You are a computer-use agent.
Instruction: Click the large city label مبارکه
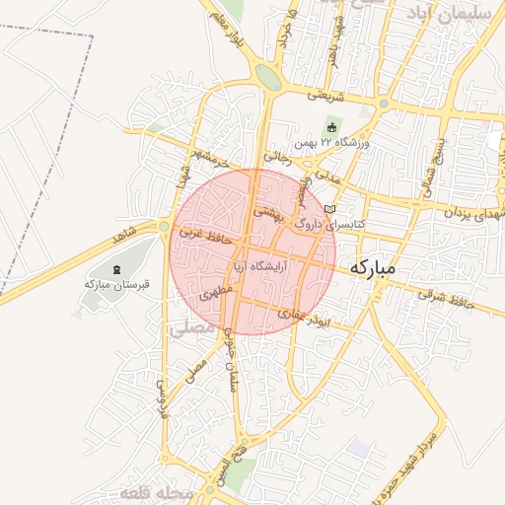pyautogui.click(x=372, y=267)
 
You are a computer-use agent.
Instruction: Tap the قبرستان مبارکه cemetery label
pyautogui.click(x=116, y=284)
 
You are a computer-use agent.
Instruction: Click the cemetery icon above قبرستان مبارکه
pyautogui.click(x=116, y=268)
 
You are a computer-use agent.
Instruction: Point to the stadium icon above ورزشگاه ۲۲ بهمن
pyautogui.click(x=331, y=128)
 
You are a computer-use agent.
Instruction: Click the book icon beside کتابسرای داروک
pyautogui.click(x=329, y=209)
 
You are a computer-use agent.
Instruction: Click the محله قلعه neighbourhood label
pyautogui.click(x=152, y=491)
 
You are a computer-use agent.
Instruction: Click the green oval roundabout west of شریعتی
pyautogui.click(x=266, y=77)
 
